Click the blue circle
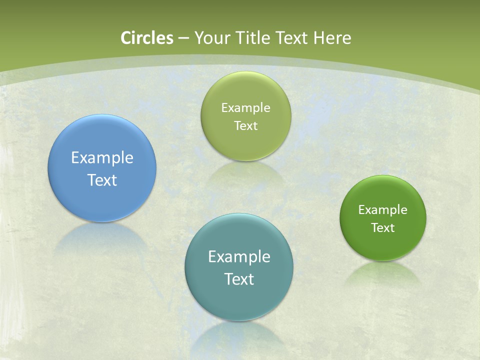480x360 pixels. click(102, 145)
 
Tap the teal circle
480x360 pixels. click(239, 300)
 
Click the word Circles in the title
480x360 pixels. click(147, 38)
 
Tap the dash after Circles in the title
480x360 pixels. click(183, 38)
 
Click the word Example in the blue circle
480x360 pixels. click(102, 158)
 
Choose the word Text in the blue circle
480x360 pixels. click(102, 180)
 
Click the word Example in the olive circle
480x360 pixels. click(245, 108)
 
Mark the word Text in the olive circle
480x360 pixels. click(245, 126)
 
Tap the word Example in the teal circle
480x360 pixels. click(239, 257)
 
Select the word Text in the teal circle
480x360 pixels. click(239, 279)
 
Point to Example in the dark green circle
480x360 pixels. click(383, 210)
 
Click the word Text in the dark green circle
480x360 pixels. click(383, 228)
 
